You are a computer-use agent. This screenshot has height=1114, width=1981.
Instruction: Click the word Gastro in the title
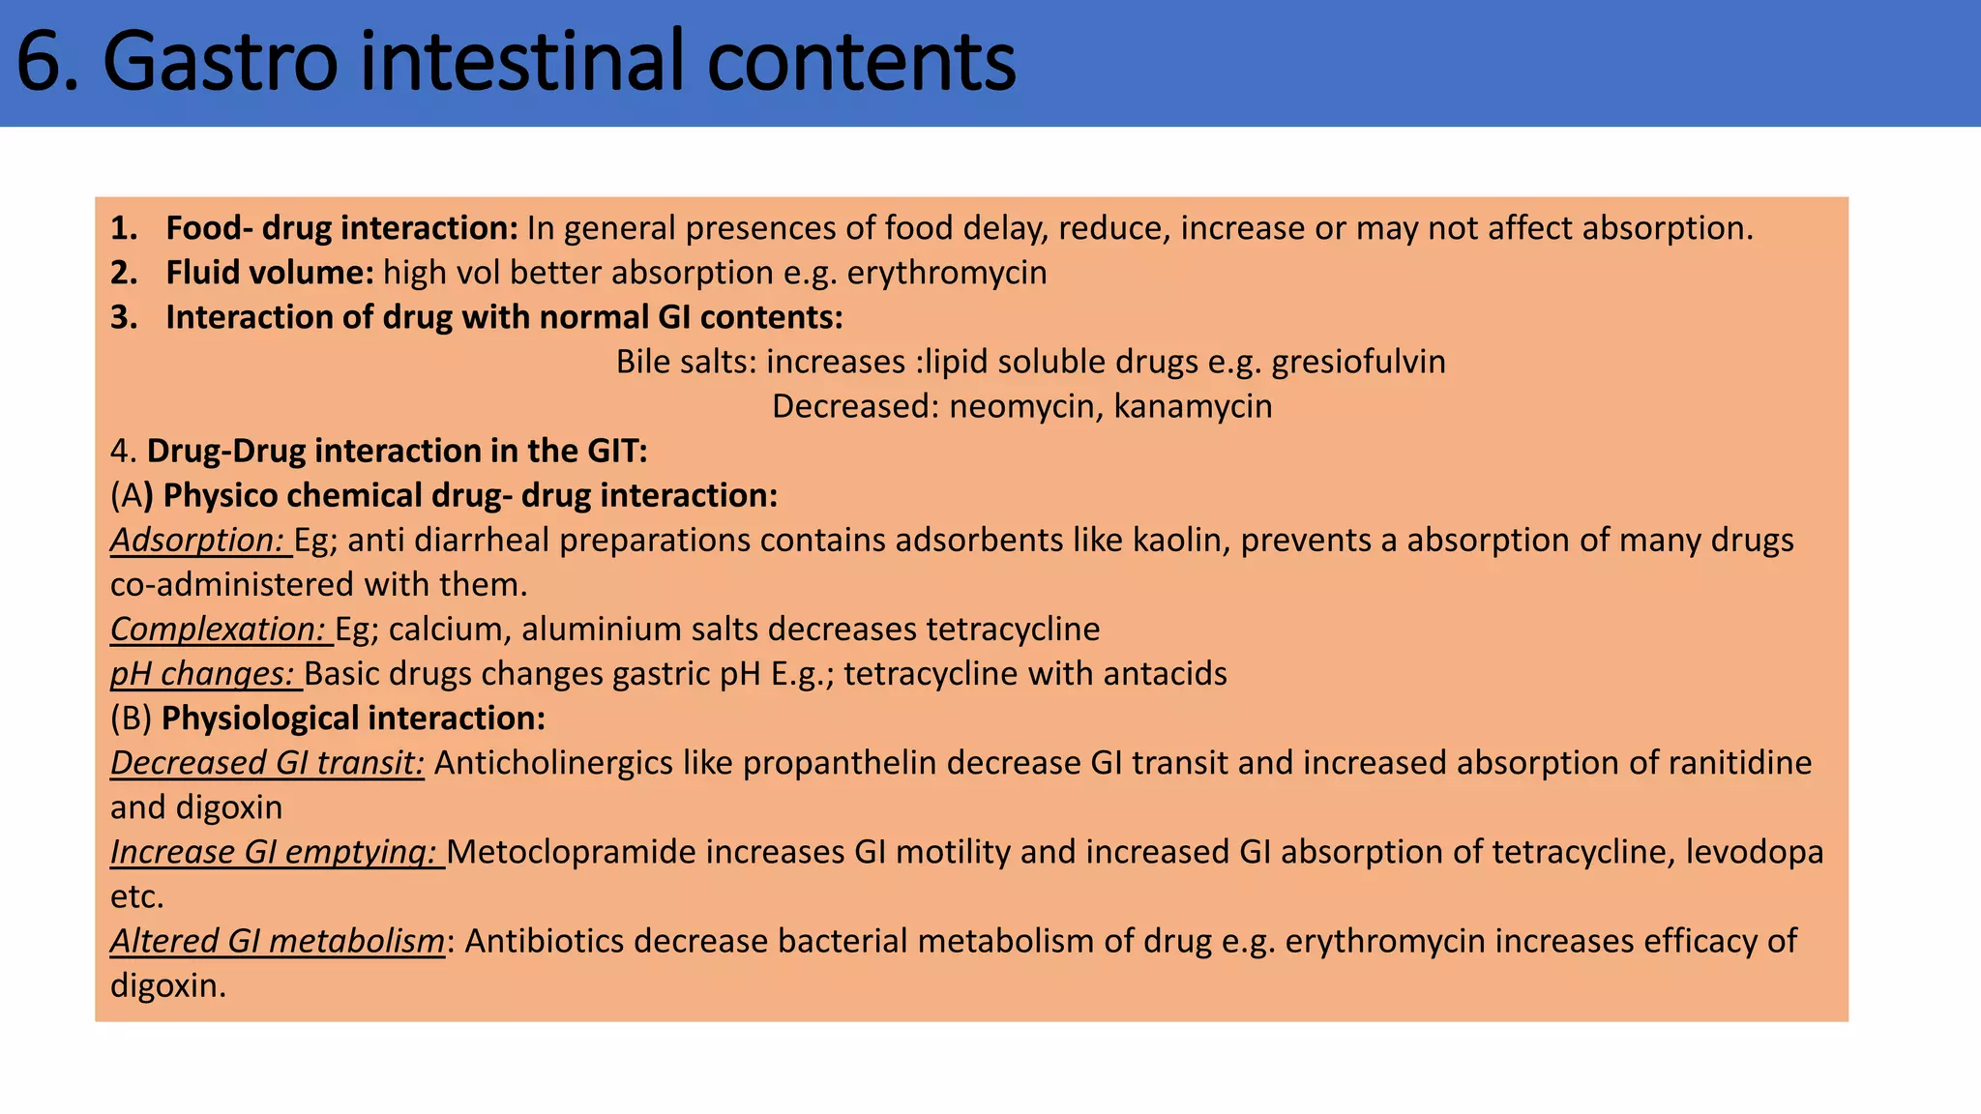coord(221,62)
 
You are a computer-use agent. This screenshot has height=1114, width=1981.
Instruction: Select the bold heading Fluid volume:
coord(269,273)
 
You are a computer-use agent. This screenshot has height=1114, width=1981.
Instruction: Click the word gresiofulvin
coord(1358,362)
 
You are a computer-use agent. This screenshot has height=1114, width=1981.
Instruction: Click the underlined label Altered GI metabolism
coord(277,940)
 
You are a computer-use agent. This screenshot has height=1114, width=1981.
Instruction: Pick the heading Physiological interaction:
coord(353,718)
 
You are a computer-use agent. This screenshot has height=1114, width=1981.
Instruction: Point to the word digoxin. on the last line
coord(167,985)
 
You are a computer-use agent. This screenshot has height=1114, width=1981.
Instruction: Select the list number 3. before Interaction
coord(124,317)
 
